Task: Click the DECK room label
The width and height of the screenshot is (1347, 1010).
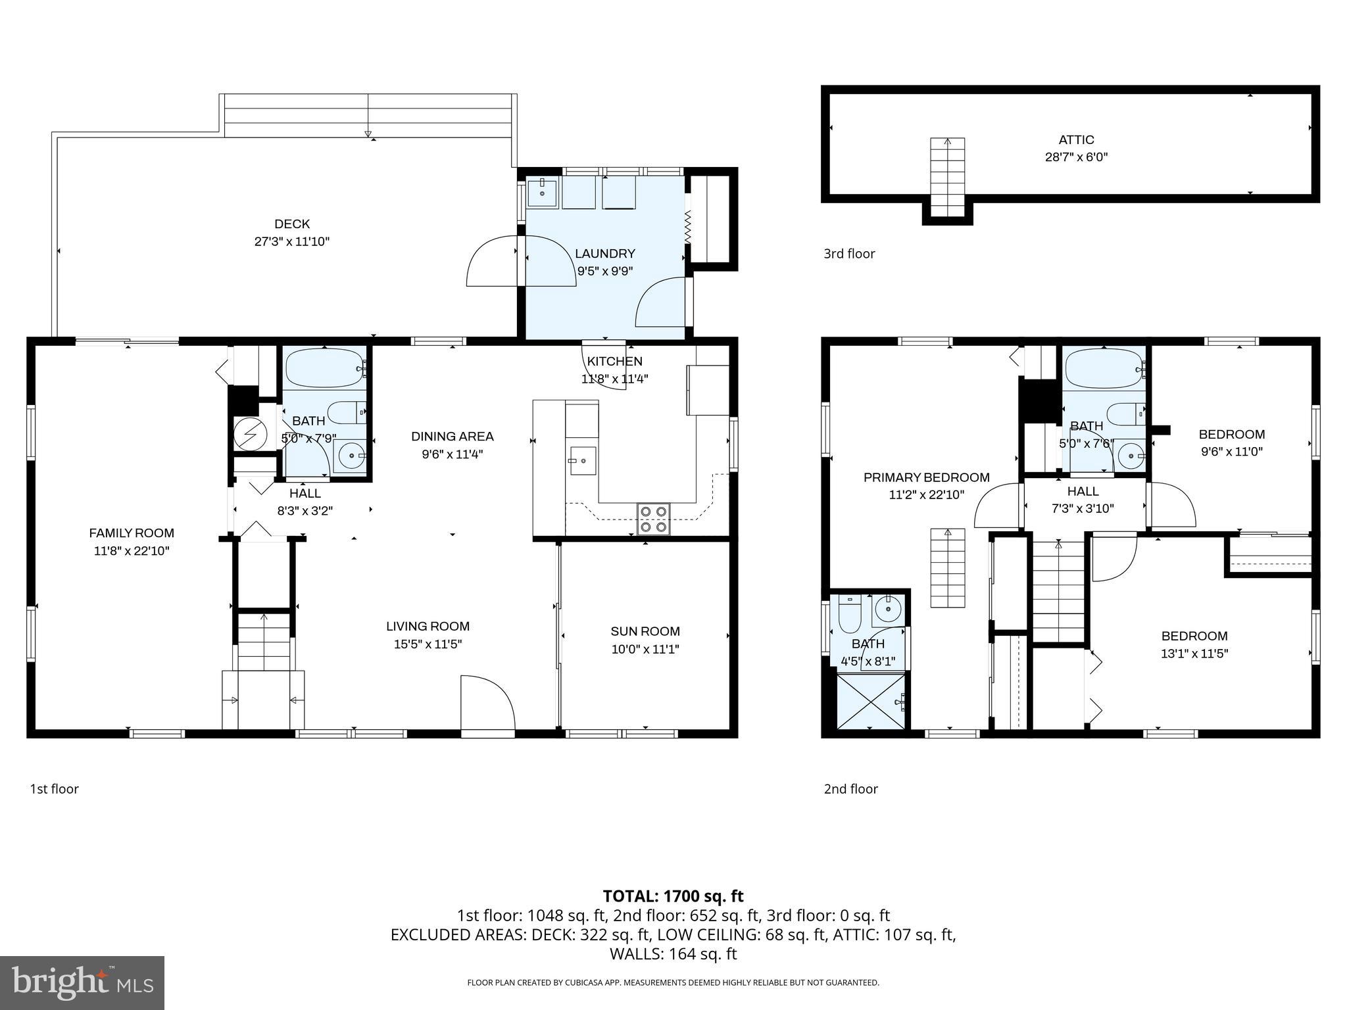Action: (x=292, y=224)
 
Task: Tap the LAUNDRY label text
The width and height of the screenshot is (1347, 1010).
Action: (x=605, y=254)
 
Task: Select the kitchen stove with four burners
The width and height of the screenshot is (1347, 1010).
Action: (x=653, y=519)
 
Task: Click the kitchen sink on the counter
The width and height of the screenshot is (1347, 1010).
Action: (x=583, y=460)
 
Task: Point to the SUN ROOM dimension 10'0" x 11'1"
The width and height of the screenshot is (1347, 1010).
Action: (x=645, y=650)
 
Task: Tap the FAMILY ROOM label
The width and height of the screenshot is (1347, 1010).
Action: (x=132, y=533)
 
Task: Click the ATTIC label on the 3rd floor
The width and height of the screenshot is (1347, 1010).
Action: (x=1077, y=140)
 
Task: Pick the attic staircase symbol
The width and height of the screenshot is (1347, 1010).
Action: (x=948, y=177)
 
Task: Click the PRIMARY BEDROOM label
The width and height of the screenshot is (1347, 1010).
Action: (x=927, y=478)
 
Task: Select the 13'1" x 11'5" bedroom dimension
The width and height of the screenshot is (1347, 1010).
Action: (x=1194, y=654)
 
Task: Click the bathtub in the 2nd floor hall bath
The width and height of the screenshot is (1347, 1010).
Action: (x=1105, y=369)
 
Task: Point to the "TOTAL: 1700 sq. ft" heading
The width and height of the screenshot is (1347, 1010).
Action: (x=673, y=896)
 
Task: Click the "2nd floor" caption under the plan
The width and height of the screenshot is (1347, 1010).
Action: (x=851, y=789)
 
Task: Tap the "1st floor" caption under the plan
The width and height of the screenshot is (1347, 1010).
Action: (x=54, y=789)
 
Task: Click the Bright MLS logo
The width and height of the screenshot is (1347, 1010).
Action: (x=82, y=982)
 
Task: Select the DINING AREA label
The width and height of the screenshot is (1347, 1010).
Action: (x=453, y=437)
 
